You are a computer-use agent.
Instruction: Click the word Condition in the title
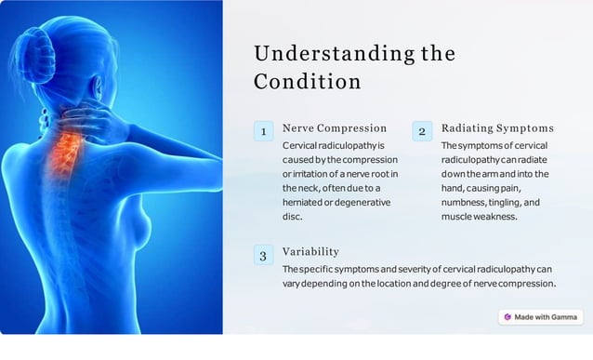point(307,81)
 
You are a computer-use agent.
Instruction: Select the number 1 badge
point(264,132)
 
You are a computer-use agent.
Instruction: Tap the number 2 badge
point(422,132)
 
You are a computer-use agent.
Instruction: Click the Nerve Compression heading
point(334,127)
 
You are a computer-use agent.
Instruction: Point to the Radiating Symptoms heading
point(497,127)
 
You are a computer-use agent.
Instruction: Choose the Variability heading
point(310,251)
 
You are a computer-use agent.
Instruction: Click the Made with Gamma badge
point(540,317)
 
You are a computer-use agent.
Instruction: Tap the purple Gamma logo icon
point(507,317)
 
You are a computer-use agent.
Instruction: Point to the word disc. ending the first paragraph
point(293,216)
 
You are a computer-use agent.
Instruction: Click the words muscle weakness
point(479,216)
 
